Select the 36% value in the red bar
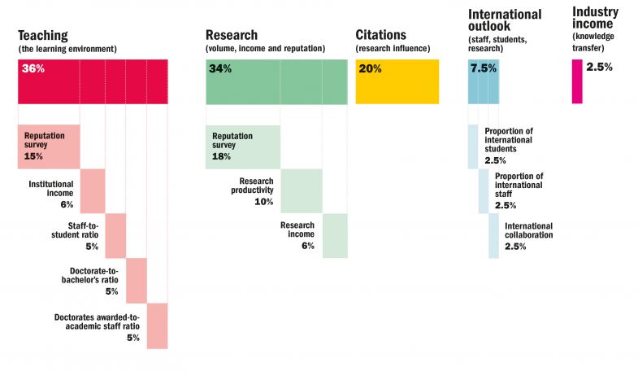point(33,69)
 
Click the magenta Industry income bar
point(577,81)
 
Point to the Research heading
point(232,36)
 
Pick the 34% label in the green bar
point(220,69)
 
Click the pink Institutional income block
point(93,190)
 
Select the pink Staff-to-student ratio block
point(115,236)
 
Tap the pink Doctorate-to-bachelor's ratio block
point(137,281)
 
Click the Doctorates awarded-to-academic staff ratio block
point(158,326)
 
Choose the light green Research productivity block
point(302,190)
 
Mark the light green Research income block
point(335,236)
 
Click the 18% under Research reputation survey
point(222,156)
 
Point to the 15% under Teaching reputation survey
point(33,156)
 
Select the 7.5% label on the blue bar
point(483,68)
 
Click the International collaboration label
point(528,230)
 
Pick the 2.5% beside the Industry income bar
point(599,68)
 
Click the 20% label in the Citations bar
point(371,69)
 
